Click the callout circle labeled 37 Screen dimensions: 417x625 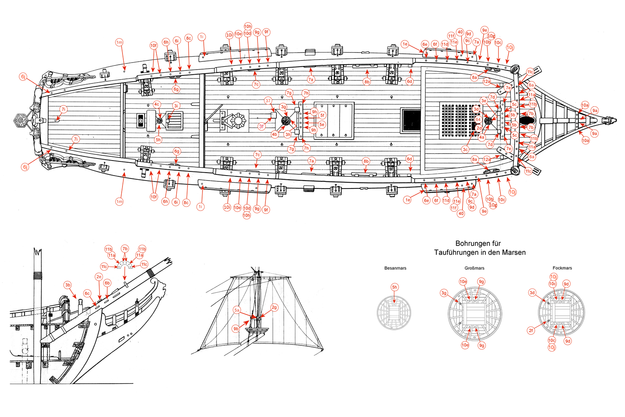(x=268, y=100)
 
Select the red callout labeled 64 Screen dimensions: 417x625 (x=478, y=120)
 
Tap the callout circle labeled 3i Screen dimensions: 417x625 (x=176, y=106)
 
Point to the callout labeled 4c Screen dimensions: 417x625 (x=157, y=104)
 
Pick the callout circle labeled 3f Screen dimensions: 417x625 (x=262, y=126)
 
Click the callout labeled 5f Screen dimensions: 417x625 (x=322, y=116)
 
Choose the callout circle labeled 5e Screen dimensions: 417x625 (x=322, y=125)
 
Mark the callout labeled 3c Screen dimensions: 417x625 (x=465, y=149)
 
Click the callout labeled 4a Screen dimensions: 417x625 (x=482, y=137)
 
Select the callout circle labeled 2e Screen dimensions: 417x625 (x=99, y=276)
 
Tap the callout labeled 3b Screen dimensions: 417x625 (x=68, y=285)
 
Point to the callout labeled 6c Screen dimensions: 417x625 (x=87, y=293)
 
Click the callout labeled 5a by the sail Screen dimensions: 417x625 (x=237, y=310)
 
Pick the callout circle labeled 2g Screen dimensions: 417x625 (x=274, y=307)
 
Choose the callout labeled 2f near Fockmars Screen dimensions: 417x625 (x=531, y=330)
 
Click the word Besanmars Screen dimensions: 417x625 (x=395, y=268)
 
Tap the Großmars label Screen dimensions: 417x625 (x=474, y=268)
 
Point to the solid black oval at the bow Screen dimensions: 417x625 (x=525, y=121)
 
